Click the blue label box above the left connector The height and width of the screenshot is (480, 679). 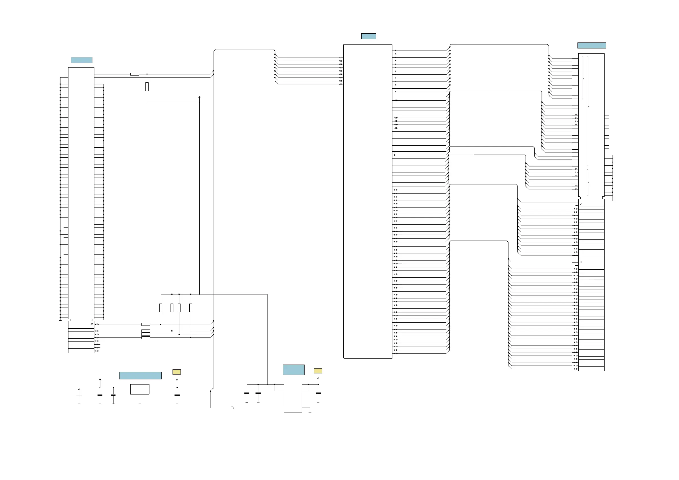[82, 60]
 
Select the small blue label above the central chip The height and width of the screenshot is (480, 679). [368, 36]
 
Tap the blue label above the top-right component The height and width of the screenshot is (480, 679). [591, 46]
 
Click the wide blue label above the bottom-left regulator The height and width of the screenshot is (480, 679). [140, 375]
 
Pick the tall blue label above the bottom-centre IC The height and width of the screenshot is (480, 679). [293, 370]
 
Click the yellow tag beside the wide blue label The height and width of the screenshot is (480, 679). [177, 372]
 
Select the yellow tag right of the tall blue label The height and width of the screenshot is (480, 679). [318, 371]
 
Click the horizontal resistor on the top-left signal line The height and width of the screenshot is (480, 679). [135, 74]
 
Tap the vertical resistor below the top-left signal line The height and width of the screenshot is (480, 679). [147, 87]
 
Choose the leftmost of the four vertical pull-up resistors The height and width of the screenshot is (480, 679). [161, 308]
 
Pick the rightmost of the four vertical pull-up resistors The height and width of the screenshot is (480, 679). [191, 308]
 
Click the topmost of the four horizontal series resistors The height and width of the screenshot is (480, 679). [145, 324]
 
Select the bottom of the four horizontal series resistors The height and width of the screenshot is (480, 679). [145, 337]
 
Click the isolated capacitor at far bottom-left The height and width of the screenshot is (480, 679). [79, 395]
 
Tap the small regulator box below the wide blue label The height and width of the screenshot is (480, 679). [139, 389]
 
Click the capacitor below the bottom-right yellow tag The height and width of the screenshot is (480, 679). [318, 393]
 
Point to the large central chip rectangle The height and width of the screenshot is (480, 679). [368, 201]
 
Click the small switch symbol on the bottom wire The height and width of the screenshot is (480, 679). [233, 407]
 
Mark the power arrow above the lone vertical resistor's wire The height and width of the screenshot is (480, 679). [199, 97]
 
